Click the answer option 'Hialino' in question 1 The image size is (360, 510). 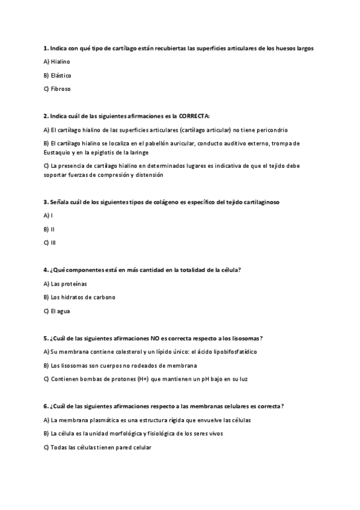point(61,62)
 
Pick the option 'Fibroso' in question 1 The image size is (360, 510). point(61,88)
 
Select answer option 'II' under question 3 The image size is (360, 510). point(53,229)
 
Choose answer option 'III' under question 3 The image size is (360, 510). point(53,242)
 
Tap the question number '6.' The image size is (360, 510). point(46,407)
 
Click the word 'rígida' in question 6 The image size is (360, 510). point(184,420)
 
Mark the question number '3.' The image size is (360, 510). point(46,202)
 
